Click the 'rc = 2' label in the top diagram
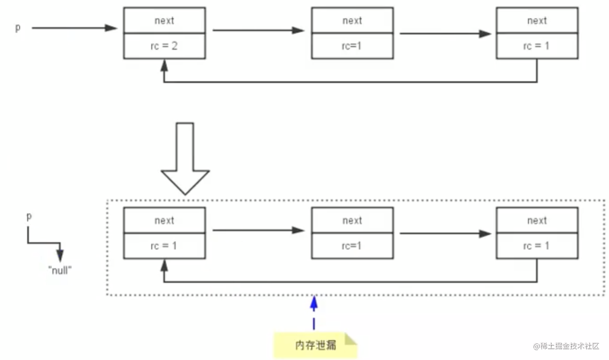164,46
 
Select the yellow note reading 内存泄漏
315,345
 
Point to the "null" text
60,271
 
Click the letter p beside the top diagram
18,28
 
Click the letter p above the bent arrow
29,216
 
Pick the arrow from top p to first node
74,28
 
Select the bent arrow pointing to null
45,243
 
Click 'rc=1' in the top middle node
351,46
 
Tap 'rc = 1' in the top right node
536,46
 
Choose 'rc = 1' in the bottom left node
164,246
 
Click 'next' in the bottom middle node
352,221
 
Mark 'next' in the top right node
537,21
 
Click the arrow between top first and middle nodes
258,30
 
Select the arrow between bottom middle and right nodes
445,233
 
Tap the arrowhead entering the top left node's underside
164,66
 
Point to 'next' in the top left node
164,21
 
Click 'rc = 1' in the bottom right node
536,246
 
